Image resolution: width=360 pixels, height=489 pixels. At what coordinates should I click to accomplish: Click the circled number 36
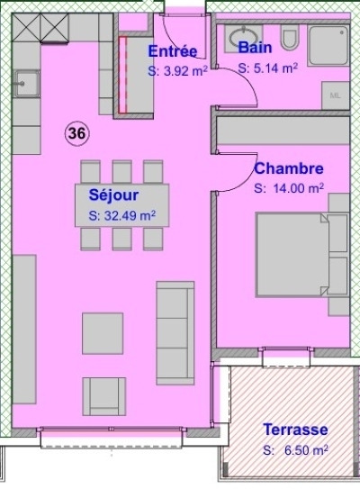click(77, 133)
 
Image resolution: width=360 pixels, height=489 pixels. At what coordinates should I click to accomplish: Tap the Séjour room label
click(113, 195)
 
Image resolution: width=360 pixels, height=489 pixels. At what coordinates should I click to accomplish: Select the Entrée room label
click(173, 51)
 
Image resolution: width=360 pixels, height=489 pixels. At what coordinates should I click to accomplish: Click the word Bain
click(255, 48)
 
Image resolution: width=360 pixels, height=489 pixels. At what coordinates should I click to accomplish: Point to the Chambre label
click(289, 168)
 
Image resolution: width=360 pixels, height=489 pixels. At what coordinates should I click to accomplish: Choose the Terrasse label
click(295, 430)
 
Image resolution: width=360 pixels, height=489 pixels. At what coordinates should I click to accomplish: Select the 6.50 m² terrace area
click(306, 450)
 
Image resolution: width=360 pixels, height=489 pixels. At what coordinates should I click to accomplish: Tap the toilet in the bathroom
click(290, 37)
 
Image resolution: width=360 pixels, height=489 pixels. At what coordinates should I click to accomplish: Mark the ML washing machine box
click(336, 95)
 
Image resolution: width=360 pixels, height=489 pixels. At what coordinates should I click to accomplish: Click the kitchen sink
click(26, 84)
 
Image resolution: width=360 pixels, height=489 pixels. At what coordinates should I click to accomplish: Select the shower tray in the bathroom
click(328, 45)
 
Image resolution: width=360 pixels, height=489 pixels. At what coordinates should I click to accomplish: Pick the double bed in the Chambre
click(292, 254)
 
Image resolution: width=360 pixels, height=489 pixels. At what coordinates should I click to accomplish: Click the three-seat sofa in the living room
click(175, 333)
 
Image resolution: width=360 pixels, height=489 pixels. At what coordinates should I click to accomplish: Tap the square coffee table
click(103, 333)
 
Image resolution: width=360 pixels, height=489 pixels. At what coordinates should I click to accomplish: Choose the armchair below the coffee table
click(104, 396)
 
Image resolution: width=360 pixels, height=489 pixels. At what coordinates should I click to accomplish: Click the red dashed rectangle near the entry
click(122, 75)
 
